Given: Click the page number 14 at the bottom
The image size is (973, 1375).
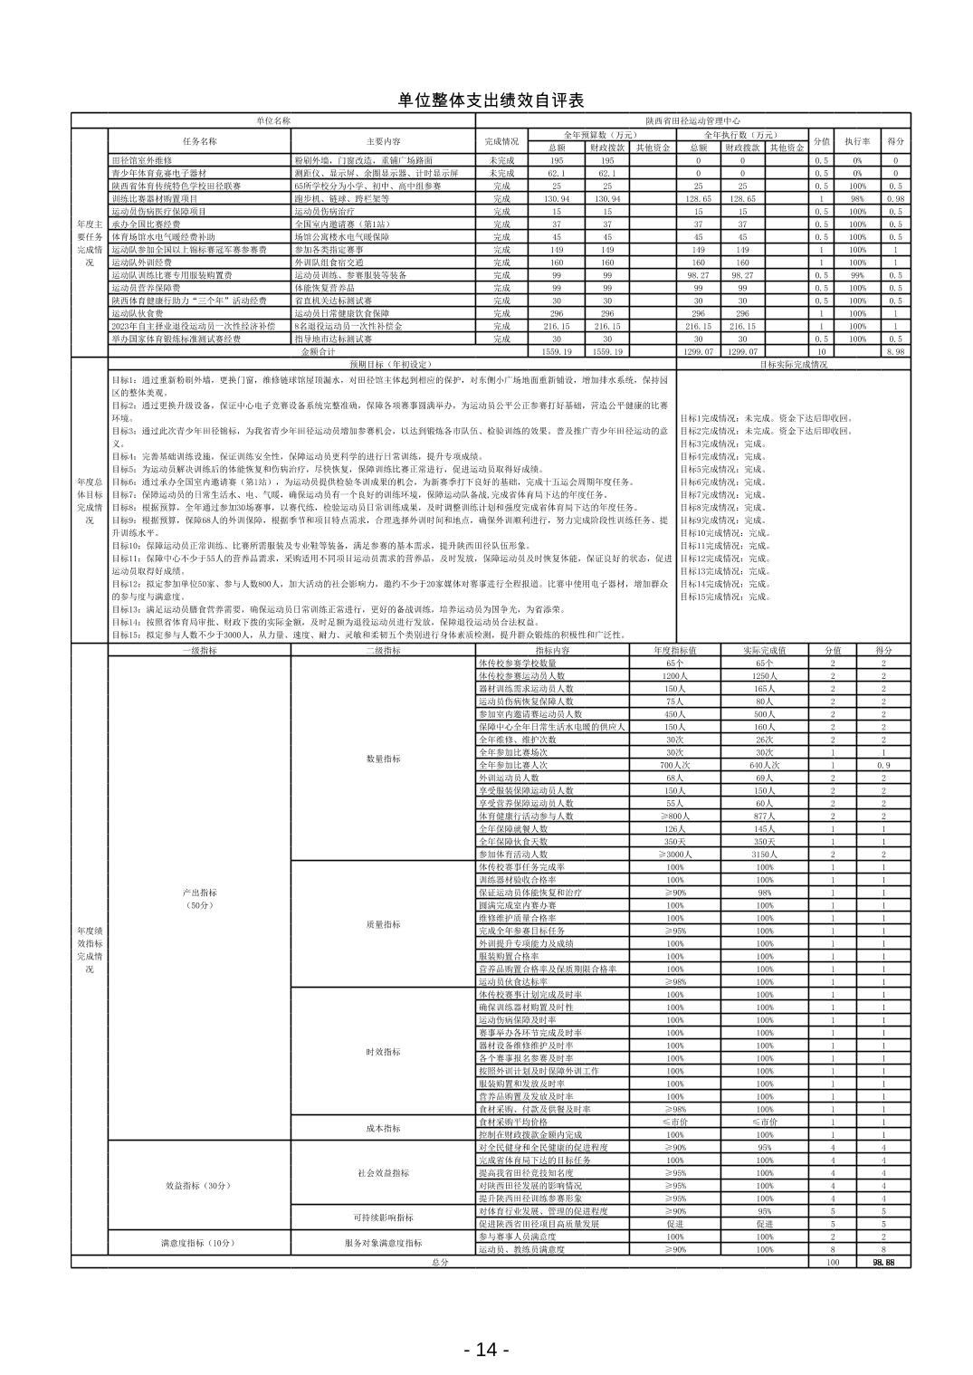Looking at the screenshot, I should (486, 1350).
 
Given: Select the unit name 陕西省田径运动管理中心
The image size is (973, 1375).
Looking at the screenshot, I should (693, 119).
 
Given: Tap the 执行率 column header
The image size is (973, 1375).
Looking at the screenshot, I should (857, 141).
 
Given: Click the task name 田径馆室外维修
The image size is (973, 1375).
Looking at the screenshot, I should (141, 159).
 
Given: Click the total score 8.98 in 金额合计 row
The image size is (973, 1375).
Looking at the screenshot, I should (895, 351).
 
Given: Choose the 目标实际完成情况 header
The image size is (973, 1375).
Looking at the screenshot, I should (793, 364).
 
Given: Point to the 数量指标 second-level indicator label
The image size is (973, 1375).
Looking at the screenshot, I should (383, 759).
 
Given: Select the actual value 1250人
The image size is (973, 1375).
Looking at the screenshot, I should (765, 675).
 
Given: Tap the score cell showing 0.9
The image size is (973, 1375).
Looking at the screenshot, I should (882, 765).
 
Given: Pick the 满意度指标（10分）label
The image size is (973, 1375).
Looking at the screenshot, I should (197, 1243).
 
